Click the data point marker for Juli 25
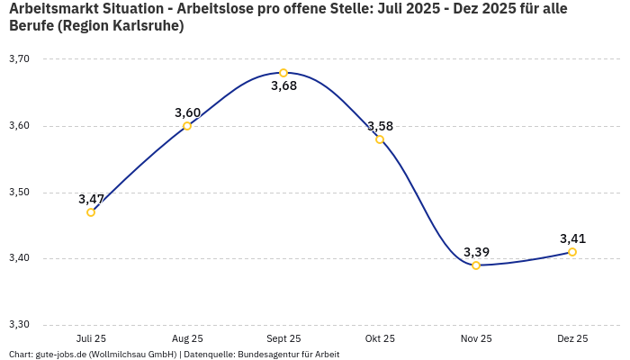(91, 212)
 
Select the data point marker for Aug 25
(187, 126)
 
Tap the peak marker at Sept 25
(283, 73)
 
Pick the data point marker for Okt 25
(380, 139)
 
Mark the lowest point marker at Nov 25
(476, 265)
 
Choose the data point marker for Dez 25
(572, 252)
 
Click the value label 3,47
(91, 199)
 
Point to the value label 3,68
(283, 86)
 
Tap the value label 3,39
(476, 252)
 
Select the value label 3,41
(572, 238)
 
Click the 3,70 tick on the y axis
(19, 59)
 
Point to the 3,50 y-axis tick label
(19, 193)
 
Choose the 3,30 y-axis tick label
(19, 325)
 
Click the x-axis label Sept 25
(283, 339)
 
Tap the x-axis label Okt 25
(380, 339)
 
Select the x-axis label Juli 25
(91, 339)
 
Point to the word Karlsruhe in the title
(148, 26)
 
